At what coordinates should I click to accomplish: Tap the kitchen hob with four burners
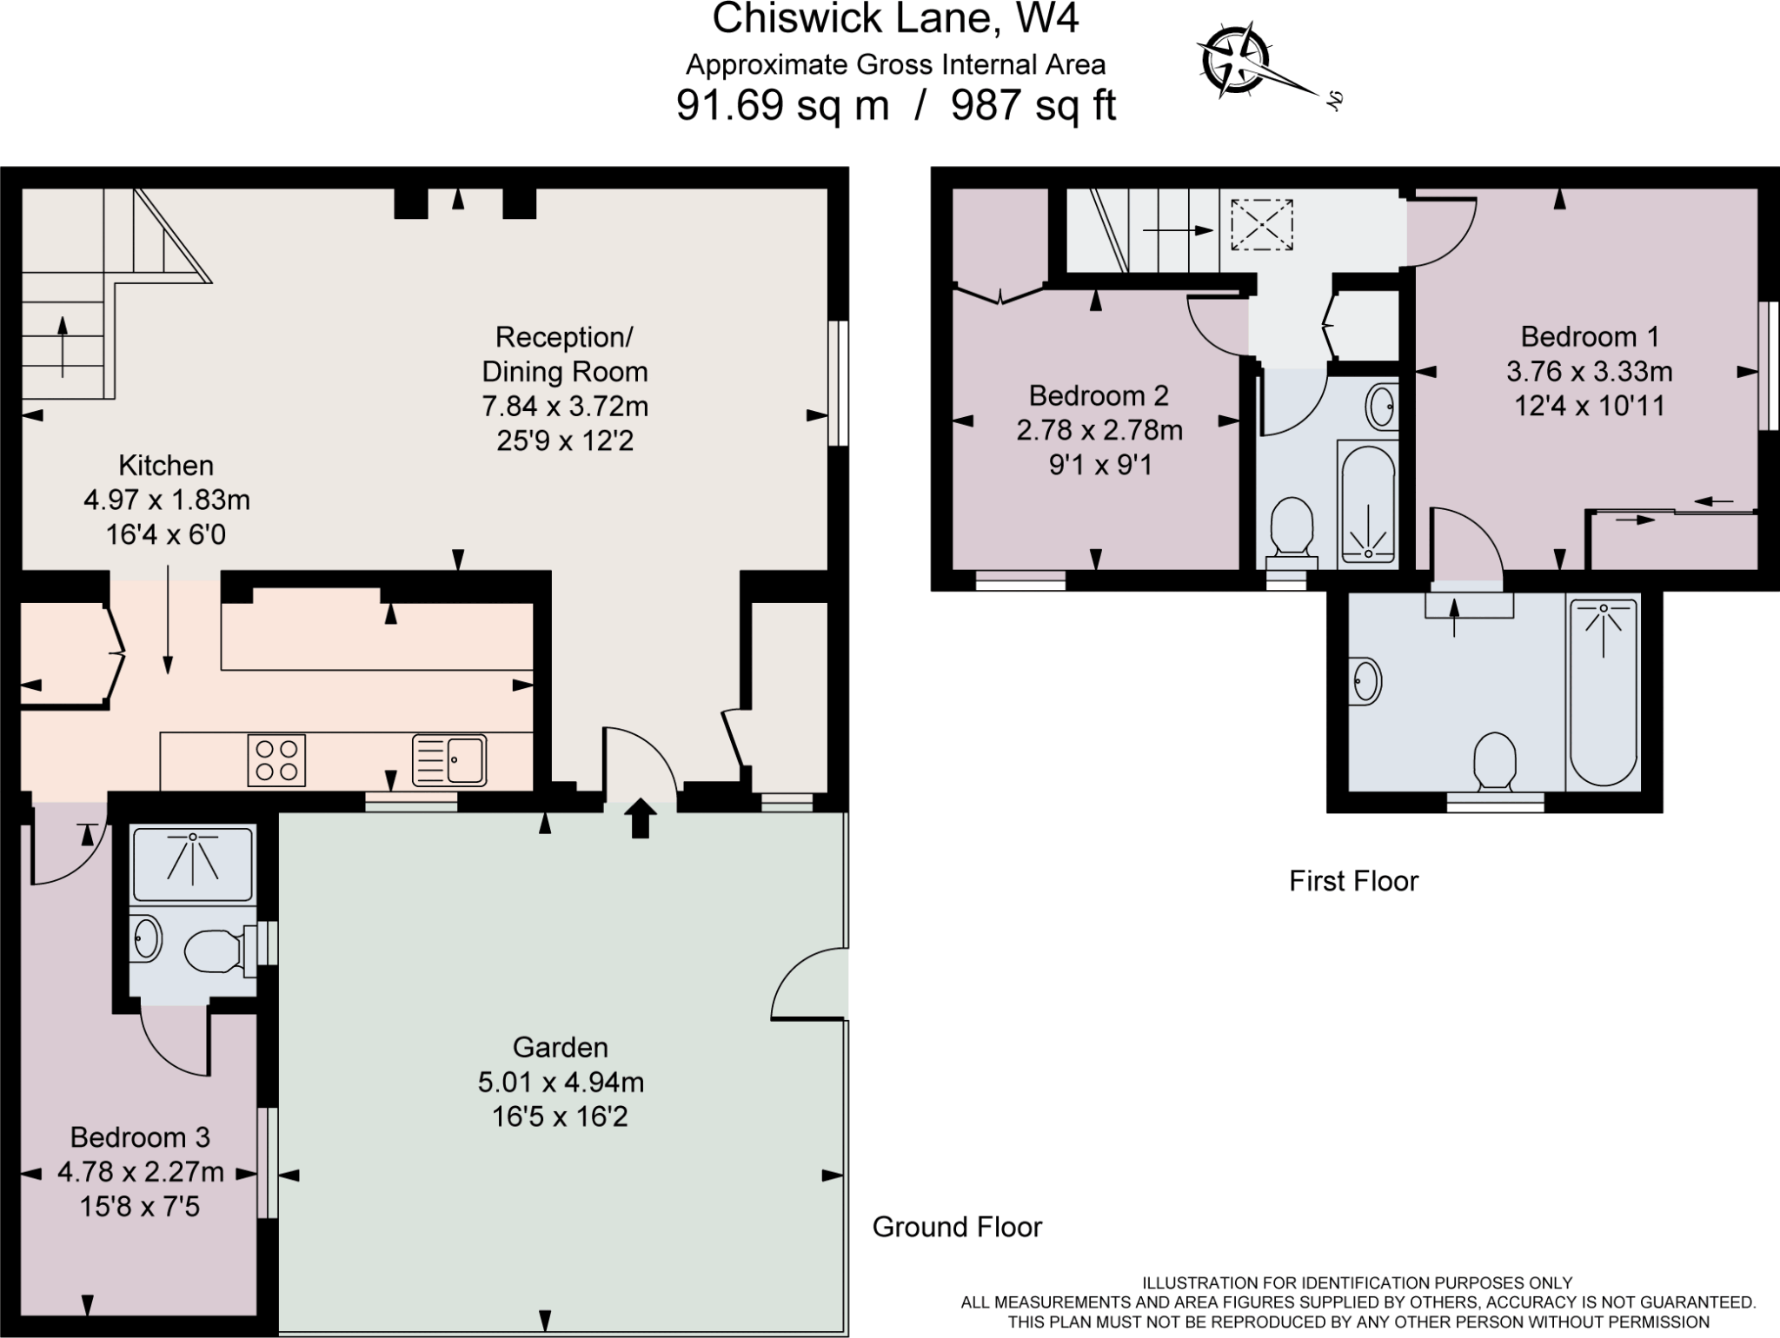tap(276, 760)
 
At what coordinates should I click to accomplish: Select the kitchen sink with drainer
tap(448, 760)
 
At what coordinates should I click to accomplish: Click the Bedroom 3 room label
tap(140, 1136)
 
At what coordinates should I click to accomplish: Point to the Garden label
tap(560, 1047)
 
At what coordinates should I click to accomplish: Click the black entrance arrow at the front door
tap(641, 818)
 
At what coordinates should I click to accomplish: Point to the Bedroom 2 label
tap(1099, 395)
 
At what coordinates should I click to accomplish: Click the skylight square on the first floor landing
tap(1261, 224)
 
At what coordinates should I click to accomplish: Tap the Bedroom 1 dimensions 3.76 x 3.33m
tap(1589, 371)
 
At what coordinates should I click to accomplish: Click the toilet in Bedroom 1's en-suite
tap(1495, 760)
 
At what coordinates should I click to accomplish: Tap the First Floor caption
tap(1353, 881)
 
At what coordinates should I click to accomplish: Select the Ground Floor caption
tap(957, 1227)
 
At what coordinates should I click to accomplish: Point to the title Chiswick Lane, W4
tap(895, 19)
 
